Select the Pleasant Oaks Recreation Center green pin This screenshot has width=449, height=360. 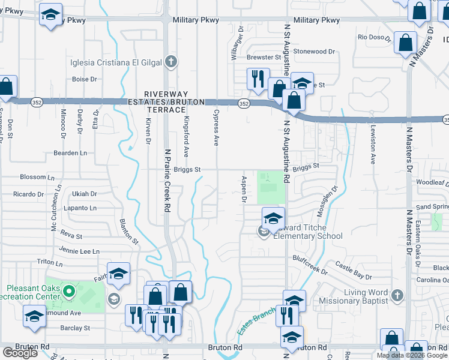69,293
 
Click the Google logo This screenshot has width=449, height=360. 20,353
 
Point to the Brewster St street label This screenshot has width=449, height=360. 263,58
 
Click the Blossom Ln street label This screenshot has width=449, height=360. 33,177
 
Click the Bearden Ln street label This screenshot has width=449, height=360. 70,153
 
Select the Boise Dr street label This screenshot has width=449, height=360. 85,79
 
